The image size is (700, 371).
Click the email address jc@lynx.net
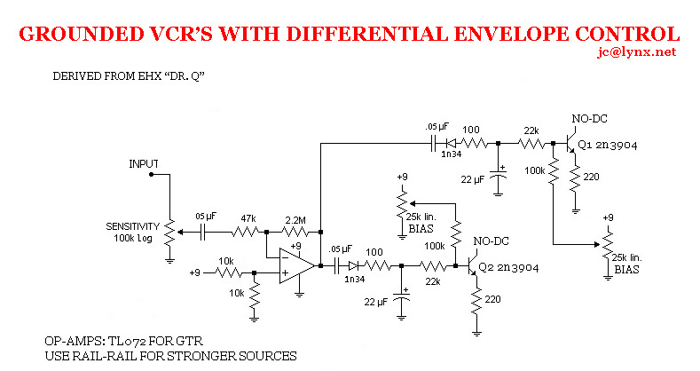point(637,52)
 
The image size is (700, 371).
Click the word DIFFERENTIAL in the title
point(366,34)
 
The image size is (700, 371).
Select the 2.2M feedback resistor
point(295,232)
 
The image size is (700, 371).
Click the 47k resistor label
point(248,218)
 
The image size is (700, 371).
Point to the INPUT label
point(144,164)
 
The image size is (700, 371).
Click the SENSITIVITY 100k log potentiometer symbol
point(169,233)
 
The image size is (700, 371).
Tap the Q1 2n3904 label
point(608,145)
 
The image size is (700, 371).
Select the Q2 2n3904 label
point(509,268)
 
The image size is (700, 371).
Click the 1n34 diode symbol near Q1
point(452,143)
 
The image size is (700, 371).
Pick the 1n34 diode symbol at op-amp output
point(353,265)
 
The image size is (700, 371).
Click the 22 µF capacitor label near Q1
point(473,179)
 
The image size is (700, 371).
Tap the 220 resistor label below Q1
point(591,177)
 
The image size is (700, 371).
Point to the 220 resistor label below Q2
point(492,299)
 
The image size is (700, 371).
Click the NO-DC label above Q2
point(492,241)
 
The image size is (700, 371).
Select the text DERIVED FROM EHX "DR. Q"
point(129,76)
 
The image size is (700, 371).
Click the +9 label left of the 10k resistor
point(195,272)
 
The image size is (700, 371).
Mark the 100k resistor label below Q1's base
point(535,170)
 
